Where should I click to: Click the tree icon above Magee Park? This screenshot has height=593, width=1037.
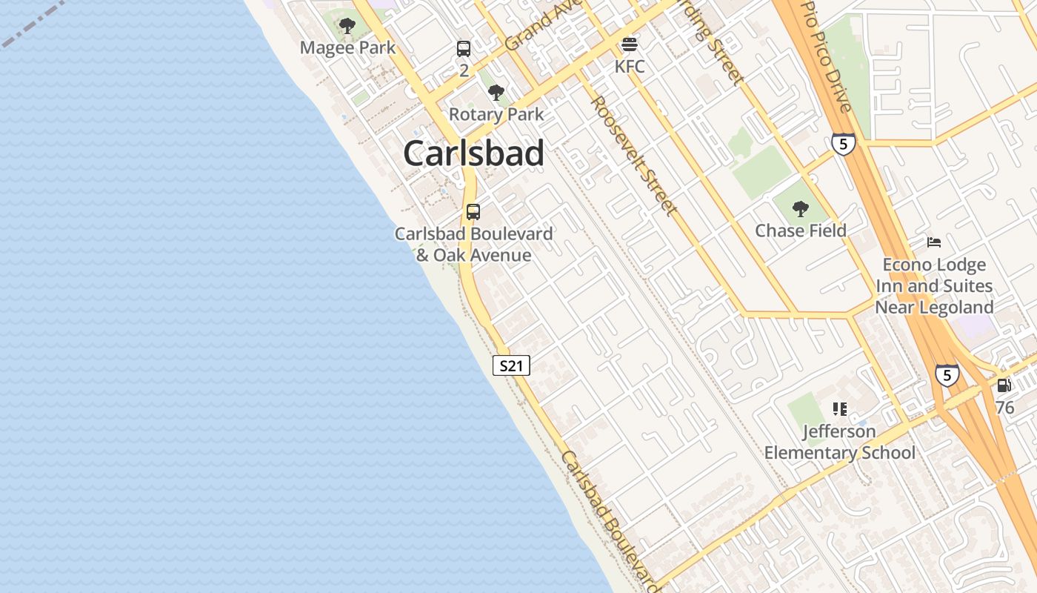coord(347,27)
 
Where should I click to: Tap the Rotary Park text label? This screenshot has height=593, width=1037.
coord(496,115)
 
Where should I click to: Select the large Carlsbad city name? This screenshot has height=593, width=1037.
coord(474,153)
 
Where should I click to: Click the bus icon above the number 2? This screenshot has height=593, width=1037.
coord(464,49)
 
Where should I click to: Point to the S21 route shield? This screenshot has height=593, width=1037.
coord(511,365)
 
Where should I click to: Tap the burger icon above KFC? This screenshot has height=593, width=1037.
coord(630,44)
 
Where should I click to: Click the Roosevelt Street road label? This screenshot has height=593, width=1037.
coord(633,156)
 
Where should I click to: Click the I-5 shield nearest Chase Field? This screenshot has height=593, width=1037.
coord(843,144)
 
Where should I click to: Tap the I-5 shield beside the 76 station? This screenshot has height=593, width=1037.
coord(947,375)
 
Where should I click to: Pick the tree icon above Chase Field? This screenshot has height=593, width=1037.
coord(800,209)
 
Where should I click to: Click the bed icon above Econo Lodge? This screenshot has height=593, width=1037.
coord(933,242)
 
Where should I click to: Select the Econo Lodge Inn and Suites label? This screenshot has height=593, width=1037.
coord(934,286)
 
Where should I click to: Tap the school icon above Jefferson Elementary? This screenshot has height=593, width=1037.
coord(839,408)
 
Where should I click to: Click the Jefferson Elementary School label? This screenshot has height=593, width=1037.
coord(840,442)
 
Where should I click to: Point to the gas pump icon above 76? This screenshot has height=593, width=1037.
coord(1004,385)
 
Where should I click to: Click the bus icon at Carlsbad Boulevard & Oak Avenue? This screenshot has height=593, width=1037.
coord(473,211)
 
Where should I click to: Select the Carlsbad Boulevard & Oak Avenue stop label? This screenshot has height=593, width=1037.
coord(473,245)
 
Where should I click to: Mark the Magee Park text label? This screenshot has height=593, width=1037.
coord(347,48)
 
